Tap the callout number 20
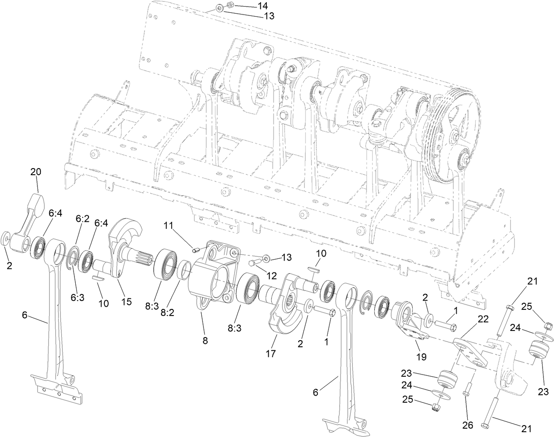pyautogui.click(x=36, y=172)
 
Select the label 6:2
pyautogui.click(x=82, y=218)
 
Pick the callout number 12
pyautogui.click(x=271, y=276)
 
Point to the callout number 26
pyautogui.click(x=467, y=425)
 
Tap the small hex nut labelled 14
pyautogui.click(x=229, y=5)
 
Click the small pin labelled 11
pyautogui.click(x=197, y=250)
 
